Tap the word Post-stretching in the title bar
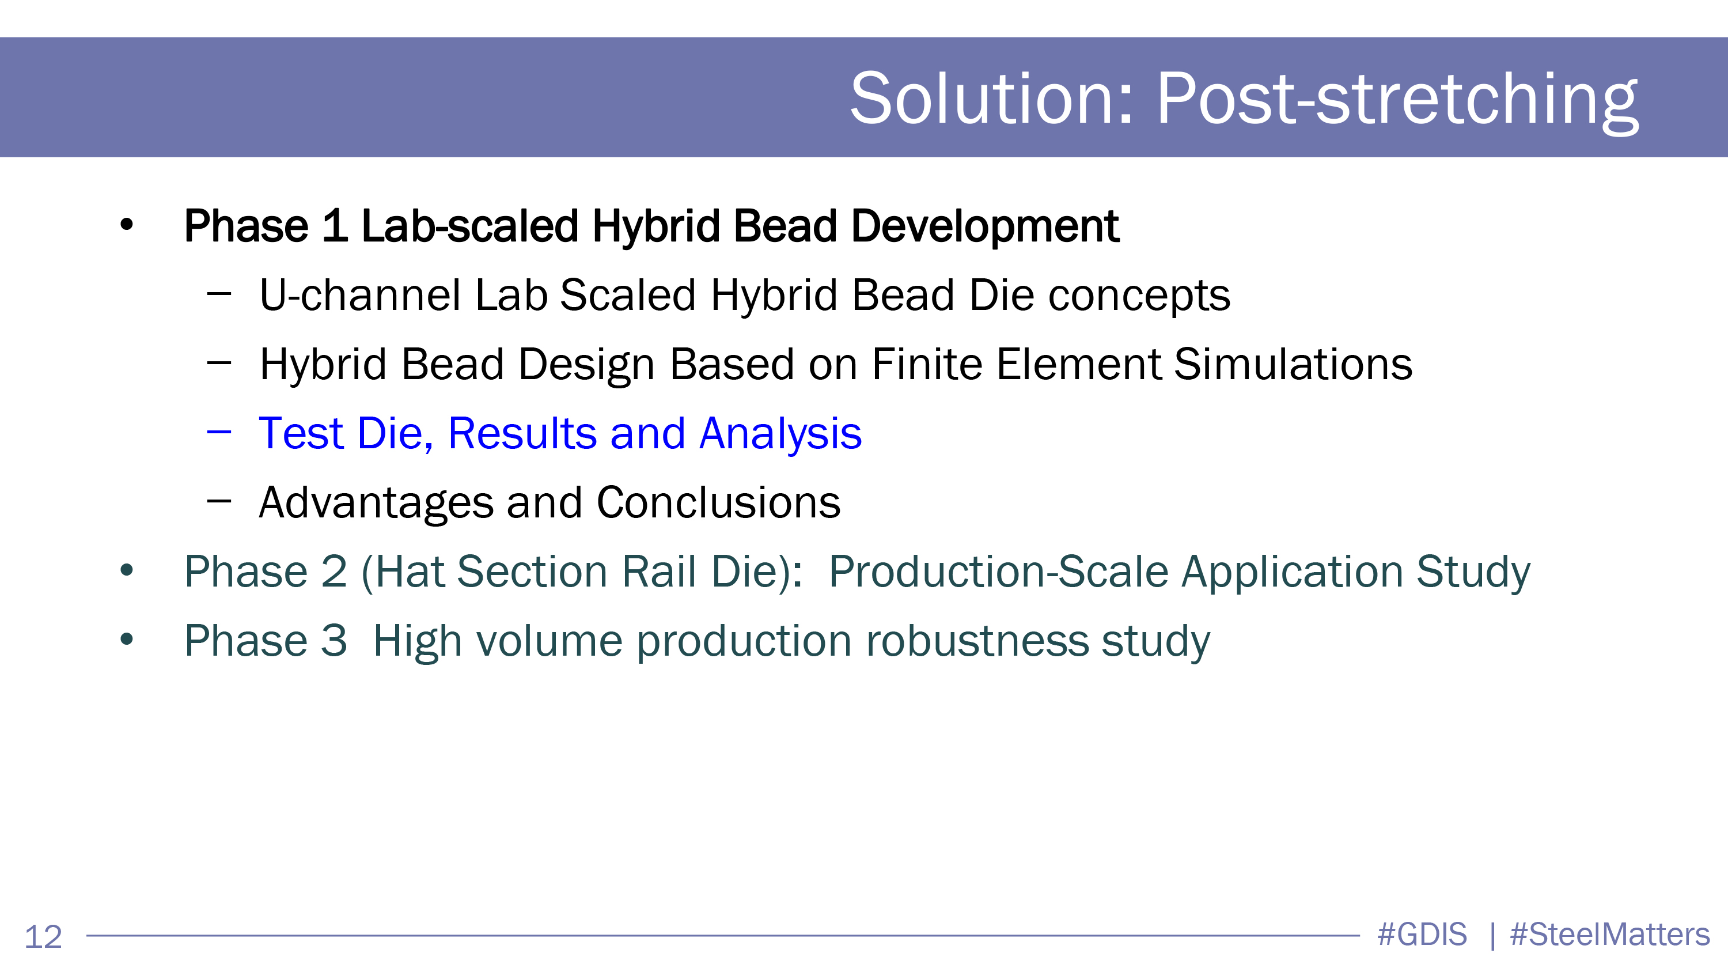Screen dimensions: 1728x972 tap(1397, 101)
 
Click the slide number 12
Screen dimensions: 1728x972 tap(43, 936)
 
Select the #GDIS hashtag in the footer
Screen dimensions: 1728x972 tap(1422, 935)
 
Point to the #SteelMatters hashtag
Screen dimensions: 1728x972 tap(1609, 935)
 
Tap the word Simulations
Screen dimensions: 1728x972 tap(1293, 364)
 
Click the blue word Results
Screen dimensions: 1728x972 tap(522, 433)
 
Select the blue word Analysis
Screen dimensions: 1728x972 tap(780, 434)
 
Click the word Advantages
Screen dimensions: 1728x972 tap(376, 503)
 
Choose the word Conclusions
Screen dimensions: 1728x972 tap(718, 502)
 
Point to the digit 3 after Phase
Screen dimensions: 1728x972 tap(334, 641)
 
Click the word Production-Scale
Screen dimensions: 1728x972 tap(998, 572)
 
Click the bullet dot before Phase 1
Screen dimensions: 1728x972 tap(126, 225)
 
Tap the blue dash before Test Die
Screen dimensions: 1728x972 tap(219, 433)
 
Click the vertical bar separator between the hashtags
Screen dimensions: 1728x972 tap(1492, 936)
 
